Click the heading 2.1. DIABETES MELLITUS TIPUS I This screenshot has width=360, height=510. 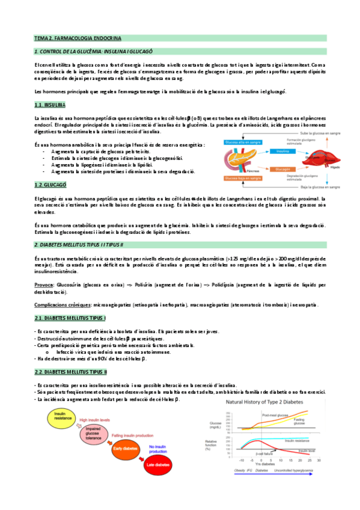tap(70, 318)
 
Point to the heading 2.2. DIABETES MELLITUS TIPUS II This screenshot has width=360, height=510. tap(71, 372)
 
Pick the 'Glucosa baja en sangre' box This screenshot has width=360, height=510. tap(242, 179)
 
